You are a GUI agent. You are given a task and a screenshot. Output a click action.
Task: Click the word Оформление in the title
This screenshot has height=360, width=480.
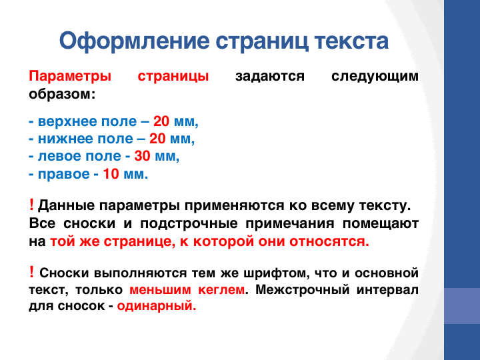[x=135, y=41]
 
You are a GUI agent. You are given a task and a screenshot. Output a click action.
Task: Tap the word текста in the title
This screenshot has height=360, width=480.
[x=351, y=41]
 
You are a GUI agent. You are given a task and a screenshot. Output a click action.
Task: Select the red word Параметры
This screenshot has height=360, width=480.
[x=70, y=77]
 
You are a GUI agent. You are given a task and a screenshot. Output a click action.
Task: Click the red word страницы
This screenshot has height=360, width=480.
[x=173, y=77]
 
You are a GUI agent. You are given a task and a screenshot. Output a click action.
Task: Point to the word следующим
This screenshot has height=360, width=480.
[x=375, y=77]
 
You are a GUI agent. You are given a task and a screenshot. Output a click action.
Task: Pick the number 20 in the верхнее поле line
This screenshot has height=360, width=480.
[x=161, y=121]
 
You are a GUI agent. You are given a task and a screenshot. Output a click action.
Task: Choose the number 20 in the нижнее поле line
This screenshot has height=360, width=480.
[x=157, y=139]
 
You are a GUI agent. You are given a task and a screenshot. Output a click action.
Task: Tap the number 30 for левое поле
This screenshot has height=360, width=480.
[x=143, y=156]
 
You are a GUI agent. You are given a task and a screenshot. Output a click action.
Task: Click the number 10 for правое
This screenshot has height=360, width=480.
[x=111, y=174]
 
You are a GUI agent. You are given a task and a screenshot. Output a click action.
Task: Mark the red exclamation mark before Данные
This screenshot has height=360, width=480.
[x=31, y=205]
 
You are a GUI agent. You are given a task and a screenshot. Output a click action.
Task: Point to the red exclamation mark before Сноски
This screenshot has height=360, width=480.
[x=31, y=272]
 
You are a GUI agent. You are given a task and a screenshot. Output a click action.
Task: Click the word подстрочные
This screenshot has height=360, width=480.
[x=189, y=224]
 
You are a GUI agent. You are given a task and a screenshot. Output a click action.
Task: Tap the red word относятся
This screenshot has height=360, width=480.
[x=329, y=241]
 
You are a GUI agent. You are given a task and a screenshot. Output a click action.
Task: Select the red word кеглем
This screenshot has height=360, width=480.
[x=221, y=289]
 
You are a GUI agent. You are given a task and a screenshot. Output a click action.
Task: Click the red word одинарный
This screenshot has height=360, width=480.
[x=157, y=306]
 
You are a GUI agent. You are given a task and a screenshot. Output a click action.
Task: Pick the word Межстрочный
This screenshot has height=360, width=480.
[x=303, y=289]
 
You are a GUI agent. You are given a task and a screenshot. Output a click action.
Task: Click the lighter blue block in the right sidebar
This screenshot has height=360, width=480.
[x=462, y=306]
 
